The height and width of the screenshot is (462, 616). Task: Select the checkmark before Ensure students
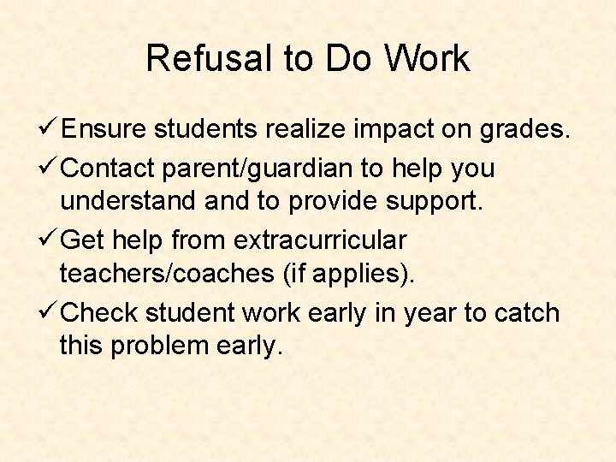click(x=50, y=129)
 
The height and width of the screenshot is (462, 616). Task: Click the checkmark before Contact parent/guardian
click(x=50, y=169)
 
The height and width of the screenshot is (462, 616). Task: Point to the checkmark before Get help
click(x=50, y=241)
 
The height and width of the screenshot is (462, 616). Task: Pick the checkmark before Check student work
click(x=50, y=313)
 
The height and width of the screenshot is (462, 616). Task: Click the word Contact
click(x=108, y=169)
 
